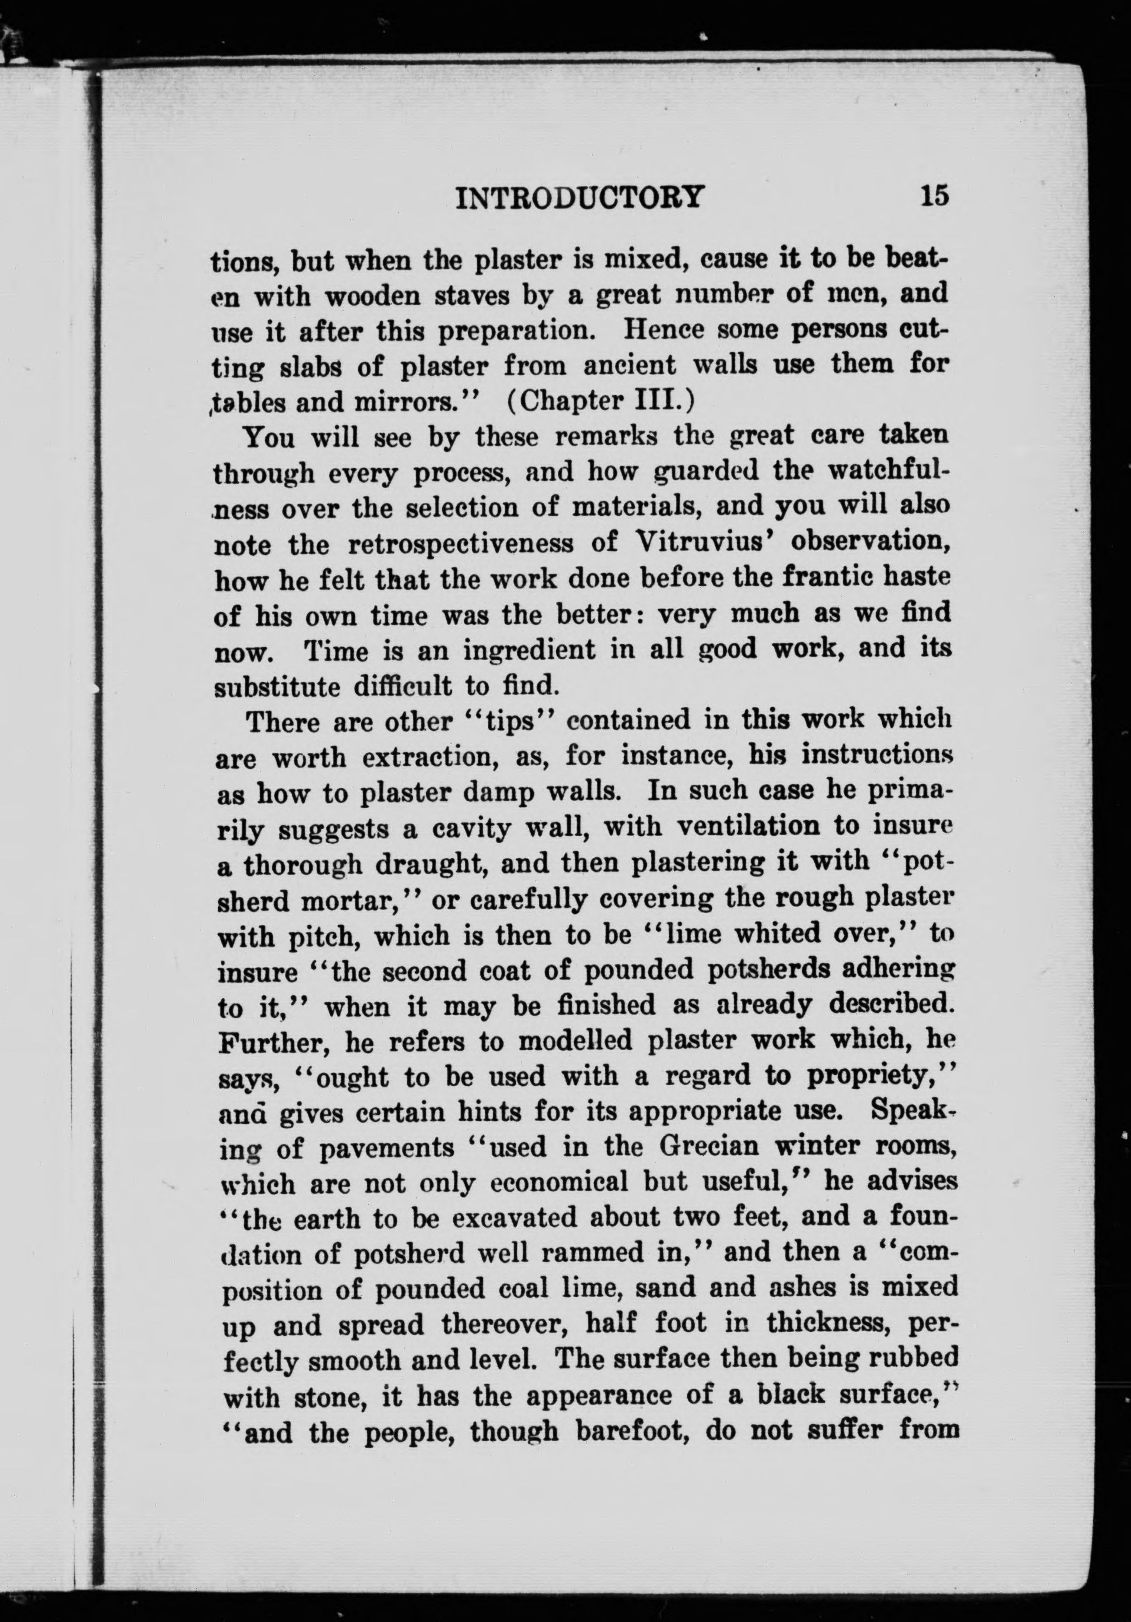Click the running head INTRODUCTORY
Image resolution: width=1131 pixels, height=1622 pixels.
(581, 199)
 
